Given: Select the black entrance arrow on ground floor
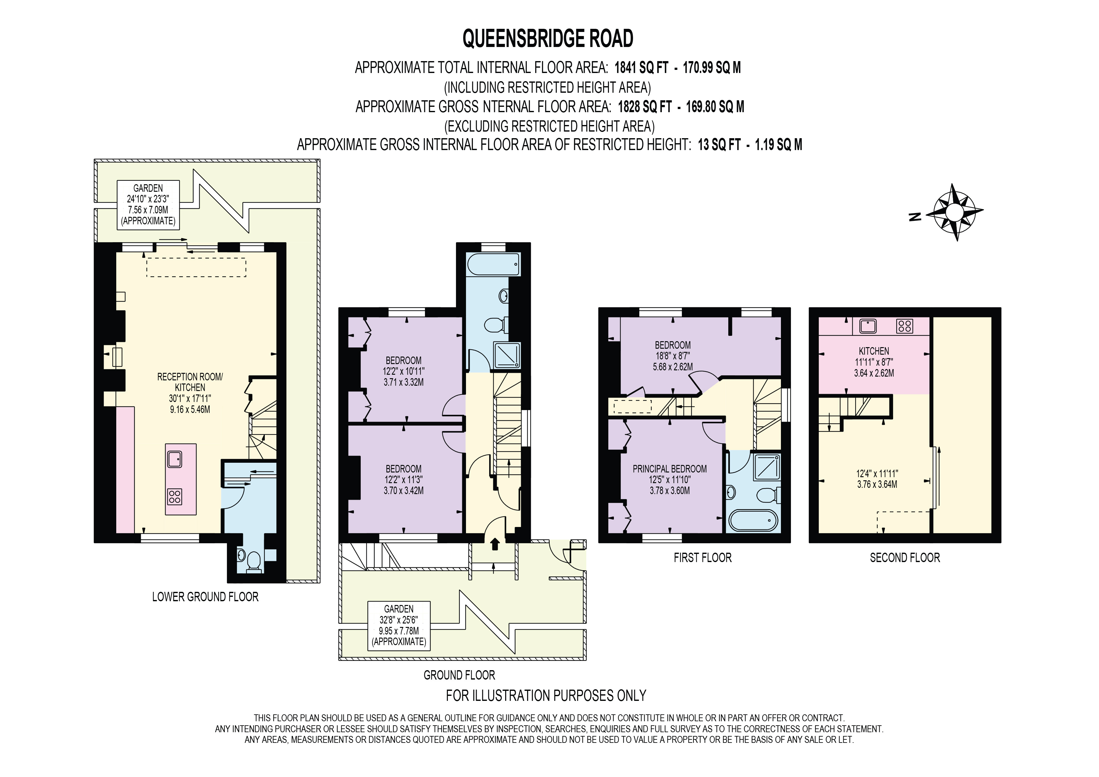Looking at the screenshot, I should [x=495, y=544].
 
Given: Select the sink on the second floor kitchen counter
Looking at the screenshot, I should [x=868, y=326].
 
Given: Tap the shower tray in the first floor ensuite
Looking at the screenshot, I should [x=767, y=467].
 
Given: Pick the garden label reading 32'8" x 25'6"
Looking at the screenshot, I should [x=399, y=626].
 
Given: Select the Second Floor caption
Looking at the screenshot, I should [x=905, y=557].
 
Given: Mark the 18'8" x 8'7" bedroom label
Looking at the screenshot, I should [x=672, y=356].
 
